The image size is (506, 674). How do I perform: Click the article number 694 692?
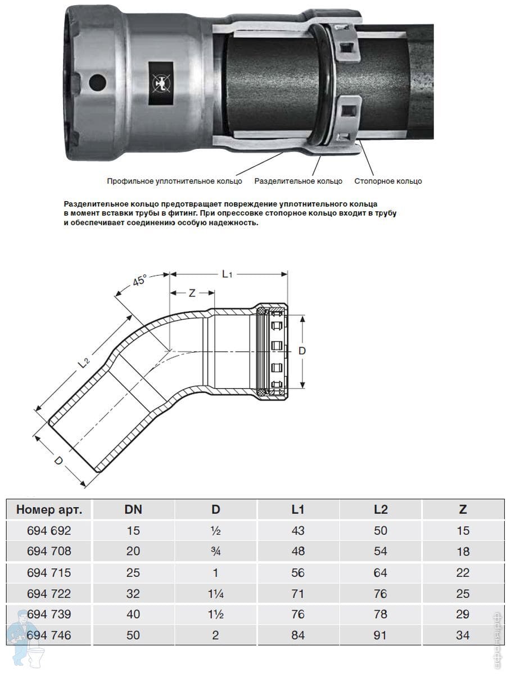pyautogui.click(x=49, y=531)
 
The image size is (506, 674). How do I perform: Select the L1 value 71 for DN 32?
pyautogui.click(x=298, y=594)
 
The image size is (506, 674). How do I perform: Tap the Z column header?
pyautogui.click(x=463, y=510)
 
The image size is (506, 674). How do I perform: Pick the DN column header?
pyautogui.click(x=133, y=510)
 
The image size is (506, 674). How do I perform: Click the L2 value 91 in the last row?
pyautogui.click(x=381, y=636)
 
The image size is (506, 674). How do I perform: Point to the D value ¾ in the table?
pyautogui.click(x=216, y=552)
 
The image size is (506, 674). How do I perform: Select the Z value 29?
pyautogui.click(x=463, y=614)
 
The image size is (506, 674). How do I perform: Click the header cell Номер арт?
pyautogui.click(x=49, y=510)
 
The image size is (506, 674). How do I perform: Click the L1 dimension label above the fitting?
pyautogui.click(x=228, y=274)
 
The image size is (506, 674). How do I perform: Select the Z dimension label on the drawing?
pyautogui.click(x=192, y=293)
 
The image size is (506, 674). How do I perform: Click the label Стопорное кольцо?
pyautogui.click(x=388, y=181)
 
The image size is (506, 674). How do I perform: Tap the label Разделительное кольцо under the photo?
pyautogui.click(x=298, y=181)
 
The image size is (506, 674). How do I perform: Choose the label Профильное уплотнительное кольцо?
pyautogui.click(x=174, y=181)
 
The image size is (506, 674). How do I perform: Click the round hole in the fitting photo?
pyautogui.click(x=97, y=82)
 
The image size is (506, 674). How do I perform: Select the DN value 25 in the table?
pyautogui.click(x=133, y=573)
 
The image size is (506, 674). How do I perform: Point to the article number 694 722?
pyautogui.click(x=49, y=594)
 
